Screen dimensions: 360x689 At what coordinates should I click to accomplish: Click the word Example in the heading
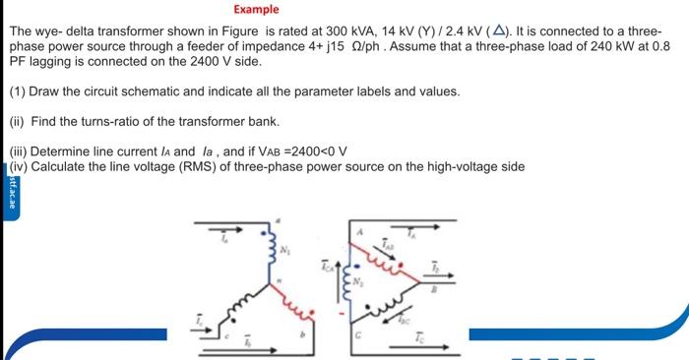256,10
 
